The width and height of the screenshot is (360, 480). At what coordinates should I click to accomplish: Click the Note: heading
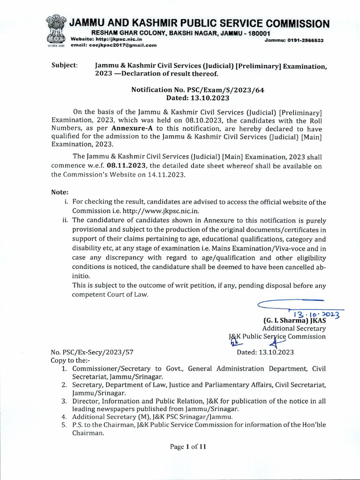coord(60,192)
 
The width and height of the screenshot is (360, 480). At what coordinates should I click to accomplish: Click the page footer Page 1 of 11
coord(188,447)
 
